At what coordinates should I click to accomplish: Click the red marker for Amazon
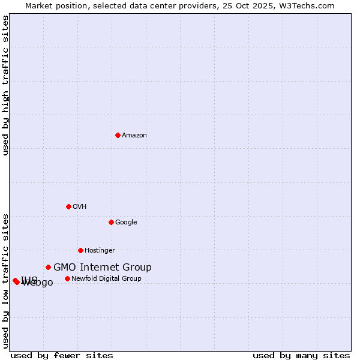(118, 135)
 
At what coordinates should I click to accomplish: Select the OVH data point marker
(68, 206)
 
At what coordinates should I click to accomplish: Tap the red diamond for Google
(111, 222)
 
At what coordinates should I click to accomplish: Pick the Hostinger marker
(80, 250)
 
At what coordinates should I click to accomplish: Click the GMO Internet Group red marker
(48, 267)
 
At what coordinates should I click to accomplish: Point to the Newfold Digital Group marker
(67, 278)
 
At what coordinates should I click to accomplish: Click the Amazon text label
(134, 136)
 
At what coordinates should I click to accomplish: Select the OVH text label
(80, 207)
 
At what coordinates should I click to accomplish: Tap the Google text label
(126, 223)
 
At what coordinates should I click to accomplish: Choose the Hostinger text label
(100, 251)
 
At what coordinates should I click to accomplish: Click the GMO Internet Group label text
(103, 268)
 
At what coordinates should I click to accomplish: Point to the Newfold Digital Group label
(106, 279)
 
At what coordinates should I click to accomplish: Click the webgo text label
(40, 283)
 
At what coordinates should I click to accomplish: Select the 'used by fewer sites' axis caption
(62, 355)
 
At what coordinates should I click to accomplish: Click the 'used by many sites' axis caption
(301, 355)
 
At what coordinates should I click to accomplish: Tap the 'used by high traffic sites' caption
(5, 86)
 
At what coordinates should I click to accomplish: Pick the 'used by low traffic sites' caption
(5, 280)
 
